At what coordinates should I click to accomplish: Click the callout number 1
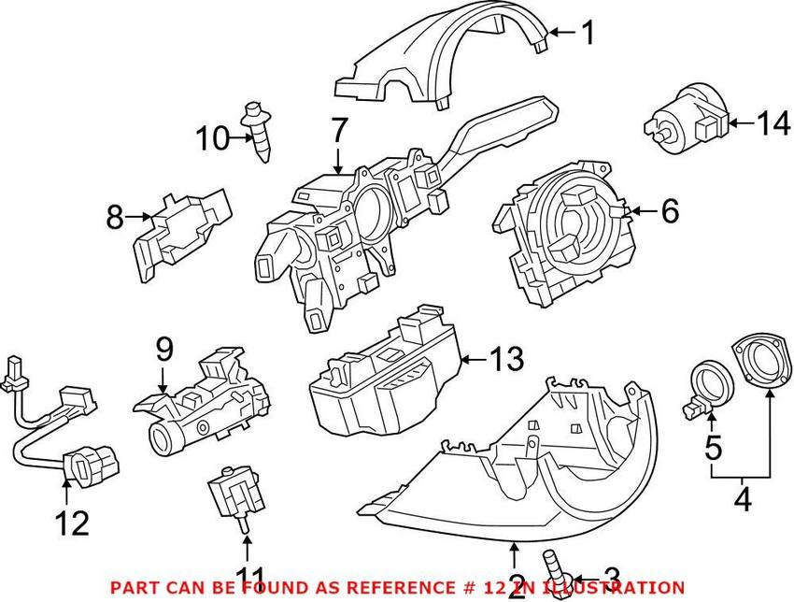587,34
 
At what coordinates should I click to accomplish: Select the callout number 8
115,219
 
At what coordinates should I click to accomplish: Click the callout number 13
505,358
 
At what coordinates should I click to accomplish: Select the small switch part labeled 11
234,491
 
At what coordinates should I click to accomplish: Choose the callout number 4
742,500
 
